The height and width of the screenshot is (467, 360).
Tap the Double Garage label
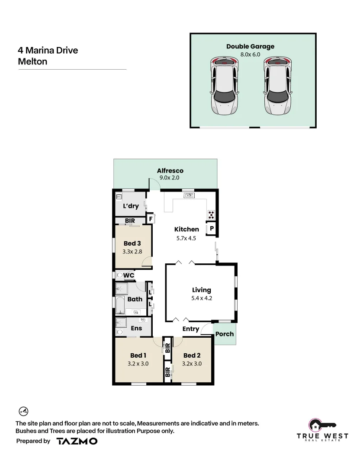tap(250, 47)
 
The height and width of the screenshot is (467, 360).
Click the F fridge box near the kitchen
tap(151, 219)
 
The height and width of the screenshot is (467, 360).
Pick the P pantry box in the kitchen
tap(212, 228)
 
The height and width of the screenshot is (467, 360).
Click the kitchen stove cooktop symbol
tap(211, 214)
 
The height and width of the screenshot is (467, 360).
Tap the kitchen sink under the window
tap(189, 196)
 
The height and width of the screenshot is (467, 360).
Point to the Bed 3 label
tap(132, 243)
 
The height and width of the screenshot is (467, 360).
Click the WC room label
tap(129, 275)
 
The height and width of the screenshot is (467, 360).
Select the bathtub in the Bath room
tap(120, 305)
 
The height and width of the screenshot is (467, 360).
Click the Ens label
tap(136, 328)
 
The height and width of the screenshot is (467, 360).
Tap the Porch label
tap(225, 334)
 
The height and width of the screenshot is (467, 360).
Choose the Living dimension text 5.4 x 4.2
tap(202, 298)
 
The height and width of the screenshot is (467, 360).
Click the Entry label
tap(190, 329)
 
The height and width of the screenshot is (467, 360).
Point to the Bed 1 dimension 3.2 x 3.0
tap(138, 364)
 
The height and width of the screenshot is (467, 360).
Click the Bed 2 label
tap(192, 355)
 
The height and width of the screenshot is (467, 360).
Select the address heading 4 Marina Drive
tap(48, 50)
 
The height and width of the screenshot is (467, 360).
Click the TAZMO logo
tap(77, 441)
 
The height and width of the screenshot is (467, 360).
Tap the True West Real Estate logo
tap(322, 430)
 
